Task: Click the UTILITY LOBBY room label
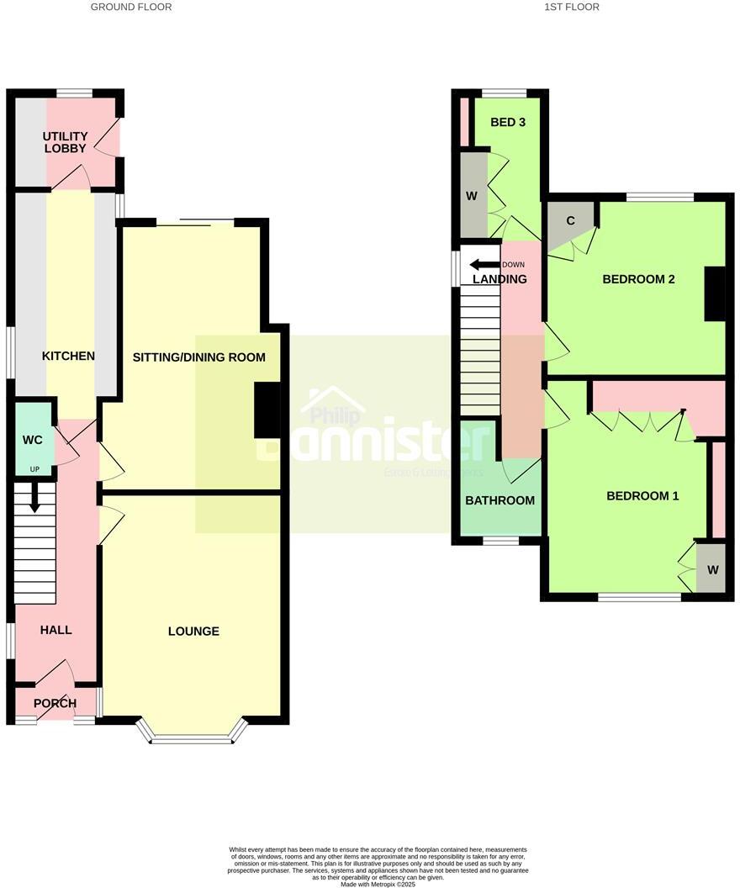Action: pos(66,141)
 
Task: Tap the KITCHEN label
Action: pos(68,357)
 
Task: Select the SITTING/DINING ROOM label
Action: pos(199,357)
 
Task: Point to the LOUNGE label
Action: pos(193,632)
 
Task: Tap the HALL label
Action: pos(56,630)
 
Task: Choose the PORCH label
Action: pos(55,704)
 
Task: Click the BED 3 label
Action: pos(508,122)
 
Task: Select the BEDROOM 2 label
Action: pos(639,279)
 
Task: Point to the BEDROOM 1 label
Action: pos(642,496)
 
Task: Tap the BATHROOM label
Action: pos(500,500)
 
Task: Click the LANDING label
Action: pos(499,279)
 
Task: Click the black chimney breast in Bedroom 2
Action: pos(714,293)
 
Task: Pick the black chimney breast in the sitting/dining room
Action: pos(267,410)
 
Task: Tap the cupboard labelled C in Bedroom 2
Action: pos(569,222)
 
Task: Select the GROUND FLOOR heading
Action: pos(130,7)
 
